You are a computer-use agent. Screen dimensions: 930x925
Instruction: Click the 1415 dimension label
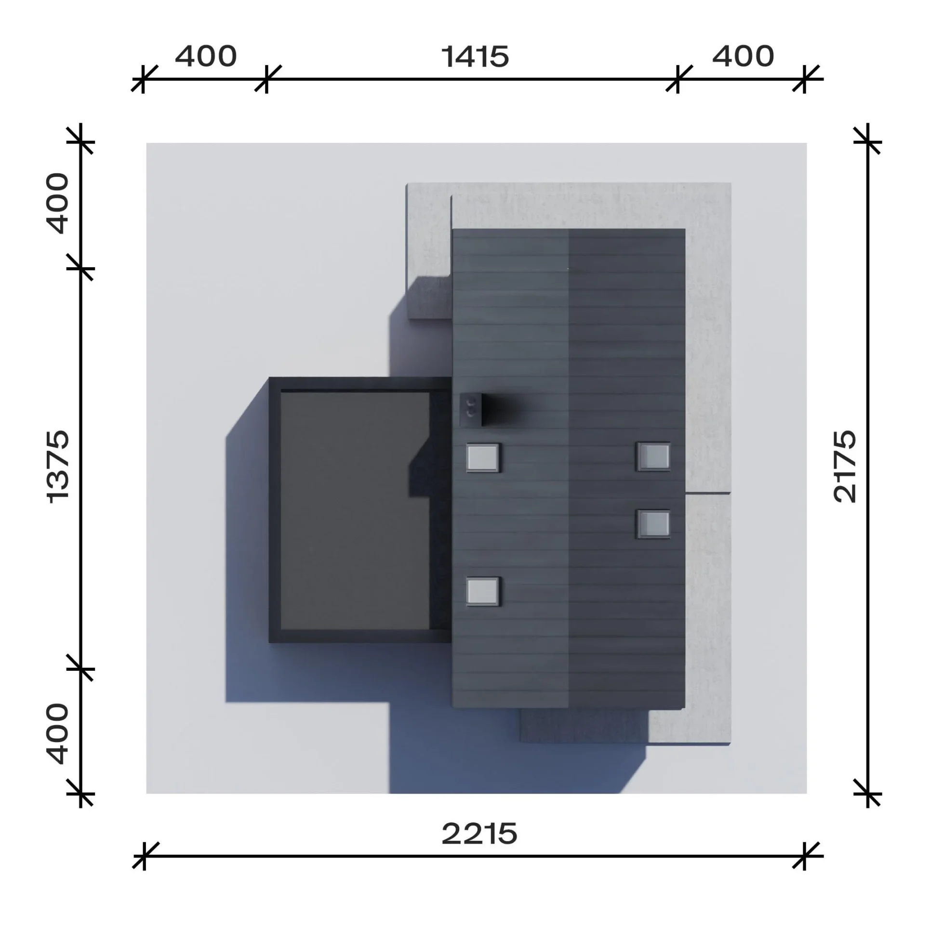tap(475, 57)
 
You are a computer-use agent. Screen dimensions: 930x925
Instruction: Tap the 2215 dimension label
tap(479, 834)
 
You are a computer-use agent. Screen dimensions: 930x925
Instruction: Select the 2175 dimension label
tap(845, 466)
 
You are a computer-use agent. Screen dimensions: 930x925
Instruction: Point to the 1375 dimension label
tap(58, 467)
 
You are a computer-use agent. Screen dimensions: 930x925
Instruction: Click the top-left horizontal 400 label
tap(206, 56)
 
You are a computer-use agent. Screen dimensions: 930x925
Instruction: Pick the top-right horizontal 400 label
tap(743, 56)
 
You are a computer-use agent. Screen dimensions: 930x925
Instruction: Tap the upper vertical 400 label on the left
tap(57, 203)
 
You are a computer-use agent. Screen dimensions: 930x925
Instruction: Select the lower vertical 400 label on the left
tap(57, 734)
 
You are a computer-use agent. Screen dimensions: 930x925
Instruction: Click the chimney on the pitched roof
tap(470, 409)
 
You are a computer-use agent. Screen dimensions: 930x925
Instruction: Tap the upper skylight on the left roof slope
tap(482, 457)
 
